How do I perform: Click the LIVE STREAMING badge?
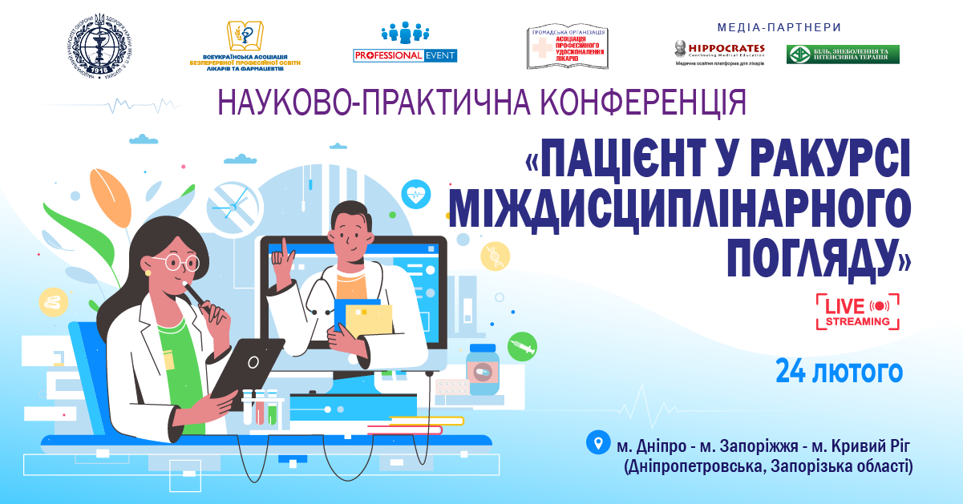(x=857, y=312)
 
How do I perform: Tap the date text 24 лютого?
(x=839, y=372)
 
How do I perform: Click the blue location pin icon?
(x=597, y=442)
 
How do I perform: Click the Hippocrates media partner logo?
(x=719, y=52)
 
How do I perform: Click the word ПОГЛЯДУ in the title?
(x=819, y=256)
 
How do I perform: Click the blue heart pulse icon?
(x=416, y=194)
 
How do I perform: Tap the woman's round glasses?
(x=178, y=263)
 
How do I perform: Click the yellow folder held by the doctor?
(x=372, y=320)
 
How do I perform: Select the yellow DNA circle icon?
(x=495, y=256)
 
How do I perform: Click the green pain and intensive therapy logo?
(x=842, y=54)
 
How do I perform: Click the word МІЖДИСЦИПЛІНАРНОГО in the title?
(x=680, y=210)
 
